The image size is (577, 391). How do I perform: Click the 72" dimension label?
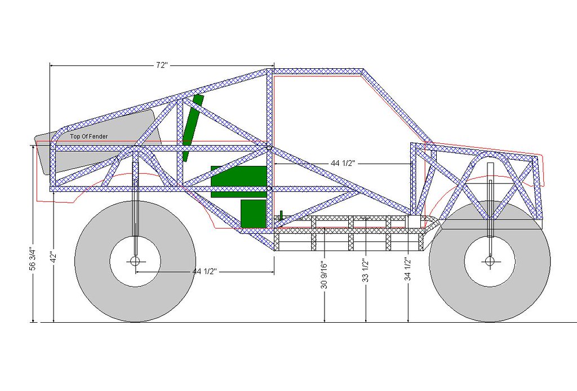[162, 65]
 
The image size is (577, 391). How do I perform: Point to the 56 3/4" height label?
[33, 258]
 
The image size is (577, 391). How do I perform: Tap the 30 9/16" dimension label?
[324, 275]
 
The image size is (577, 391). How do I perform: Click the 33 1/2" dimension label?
[366, 271]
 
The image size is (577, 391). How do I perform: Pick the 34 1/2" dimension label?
[408, 269]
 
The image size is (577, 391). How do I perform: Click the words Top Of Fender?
[89, 137]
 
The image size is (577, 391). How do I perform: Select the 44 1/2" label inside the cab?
[343, 163]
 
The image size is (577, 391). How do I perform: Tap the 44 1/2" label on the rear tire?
[205, 271]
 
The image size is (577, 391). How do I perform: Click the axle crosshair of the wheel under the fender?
[135, 261]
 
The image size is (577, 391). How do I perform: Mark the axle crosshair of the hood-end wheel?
[490, 261]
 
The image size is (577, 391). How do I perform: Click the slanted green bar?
[193, 128]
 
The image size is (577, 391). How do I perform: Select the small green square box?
[254, 214]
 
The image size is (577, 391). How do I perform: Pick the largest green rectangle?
[239, 181]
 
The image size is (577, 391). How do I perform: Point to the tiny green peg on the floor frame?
[281, 215]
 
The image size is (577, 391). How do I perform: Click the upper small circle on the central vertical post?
[269, 148]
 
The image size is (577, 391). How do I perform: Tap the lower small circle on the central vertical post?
[269, 188]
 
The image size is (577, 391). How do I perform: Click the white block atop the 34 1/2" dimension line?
[414, 222]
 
